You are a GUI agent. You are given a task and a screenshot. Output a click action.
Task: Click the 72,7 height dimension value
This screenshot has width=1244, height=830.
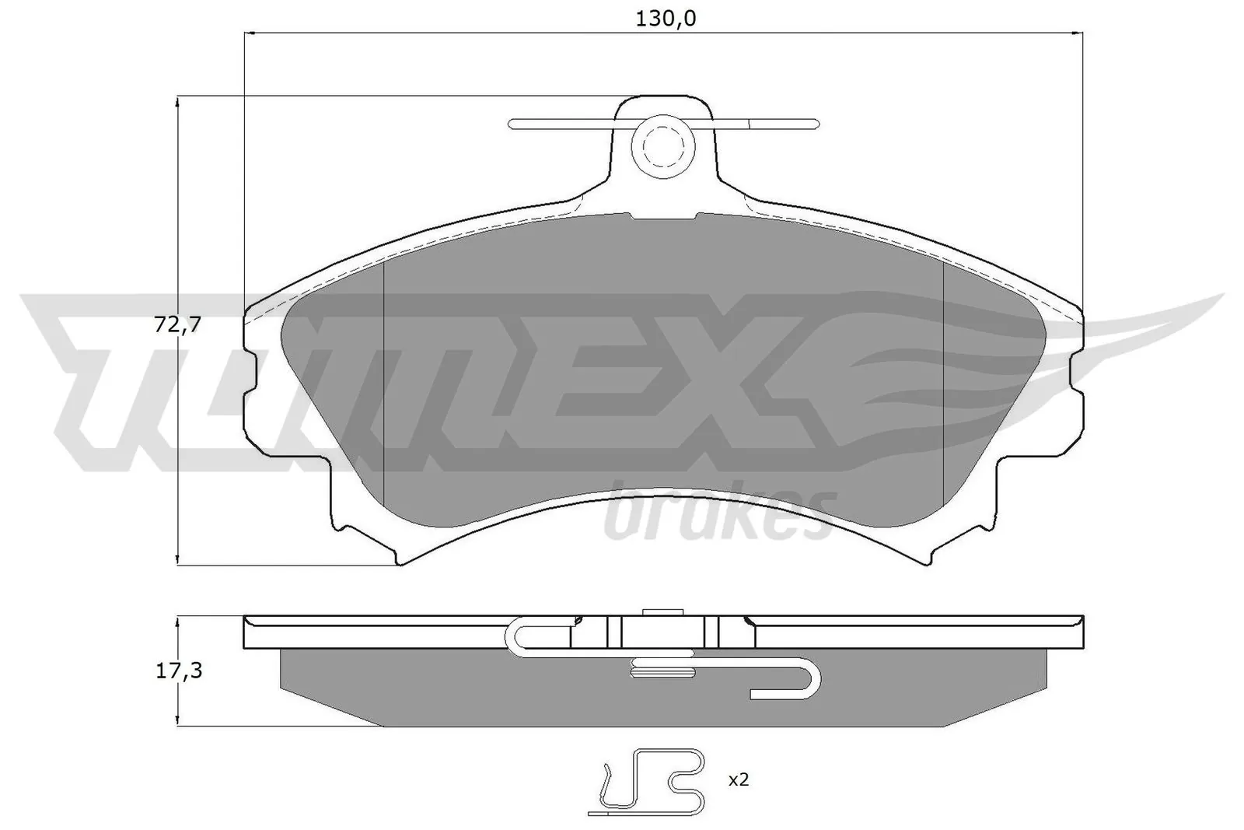tap(178, 325)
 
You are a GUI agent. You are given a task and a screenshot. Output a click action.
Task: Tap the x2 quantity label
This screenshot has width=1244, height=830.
tap(739, 779)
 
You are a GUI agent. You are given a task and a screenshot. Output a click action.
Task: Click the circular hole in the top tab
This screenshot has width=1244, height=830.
tap(661, 145)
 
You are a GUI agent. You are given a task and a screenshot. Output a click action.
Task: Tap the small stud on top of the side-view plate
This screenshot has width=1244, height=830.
tap(662, 612)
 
